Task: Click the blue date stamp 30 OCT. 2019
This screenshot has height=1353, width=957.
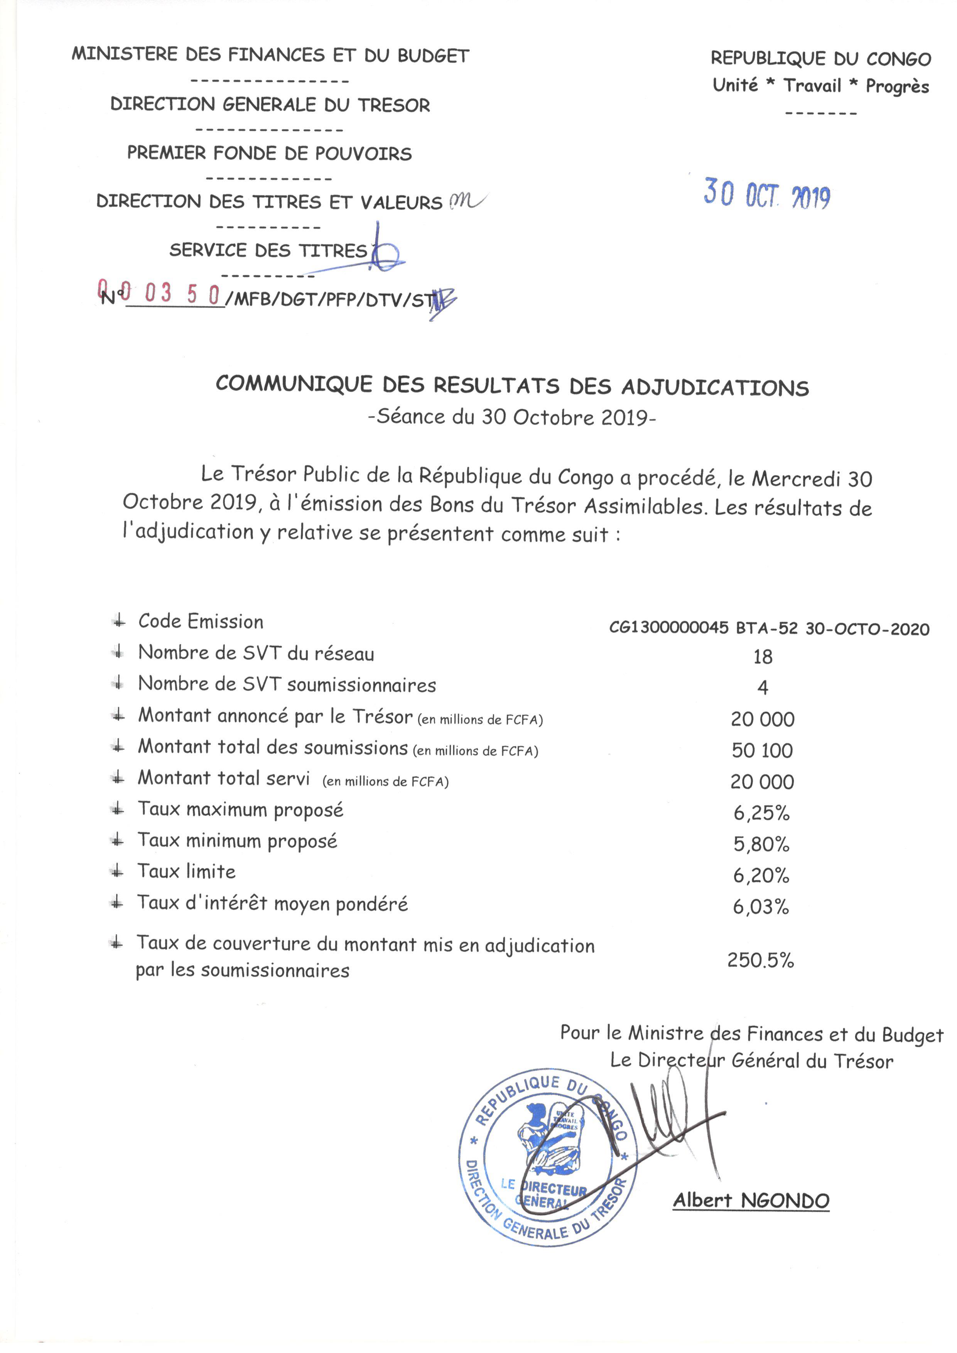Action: [x=767, y=194]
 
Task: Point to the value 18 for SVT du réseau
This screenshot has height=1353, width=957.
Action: [x=763, y=657]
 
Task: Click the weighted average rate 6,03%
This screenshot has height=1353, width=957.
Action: [x=761, y=907]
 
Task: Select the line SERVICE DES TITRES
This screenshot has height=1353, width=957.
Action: [x=268, y=250]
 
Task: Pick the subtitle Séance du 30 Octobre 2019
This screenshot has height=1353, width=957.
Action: [x=511, y=417]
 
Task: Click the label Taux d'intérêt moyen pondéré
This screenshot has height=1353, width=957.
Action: [x=272, y=904]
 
